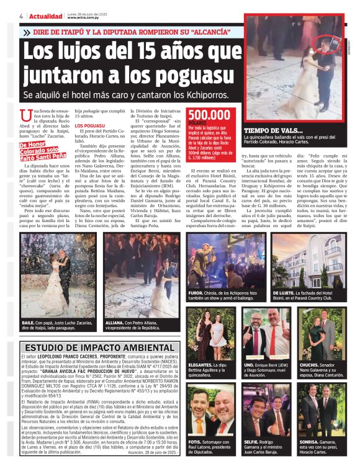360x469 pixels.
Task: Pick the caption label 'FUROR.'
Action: [x=198, y=292]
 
